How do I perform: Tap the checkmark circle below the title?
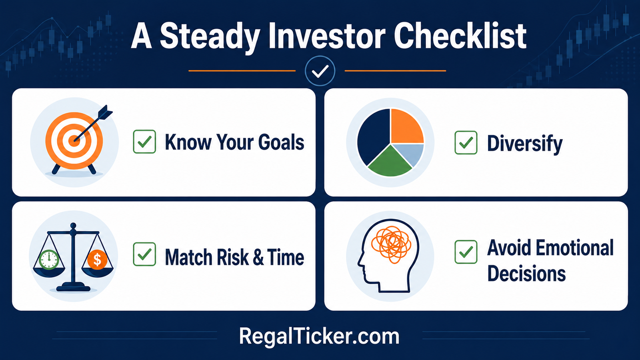(x=320, y=71)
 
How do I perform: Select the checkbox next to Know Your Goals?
(x=144, y=142)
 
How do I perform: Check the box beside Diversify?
(x=466, y=142)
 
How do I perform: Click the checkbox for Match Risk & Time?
(x=144, y=254)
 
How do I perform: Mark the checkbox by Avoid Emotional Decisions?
(x=466, y=252)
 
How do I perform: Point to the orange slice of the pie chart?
(x=406, y=126)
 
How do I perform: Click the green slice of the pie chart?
(x=390, y=163)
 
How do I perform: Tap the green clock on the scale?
(x=49, y=260)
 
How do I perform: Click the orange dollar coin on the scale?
(x=97, y=260)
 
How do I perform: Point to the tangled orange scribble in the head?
(x=391, y=244)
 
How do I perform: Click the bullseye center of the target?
(x=74, y=141)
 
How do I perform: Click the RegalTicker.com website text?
(x=319, y=336)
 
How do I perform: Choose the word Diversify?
(x=525, y=144)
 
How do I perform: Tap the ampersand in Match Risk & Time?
(x=258, y=257)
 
